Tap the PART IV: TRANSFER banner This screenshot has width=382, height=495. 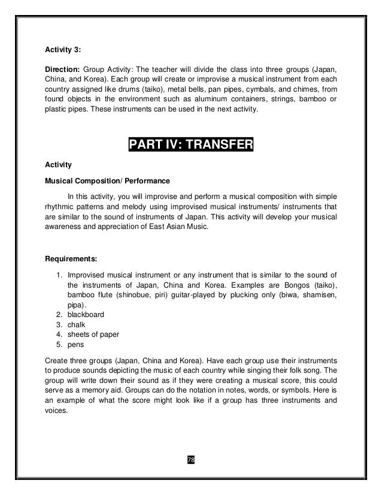pyautogui.click(x=191, y=146)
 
